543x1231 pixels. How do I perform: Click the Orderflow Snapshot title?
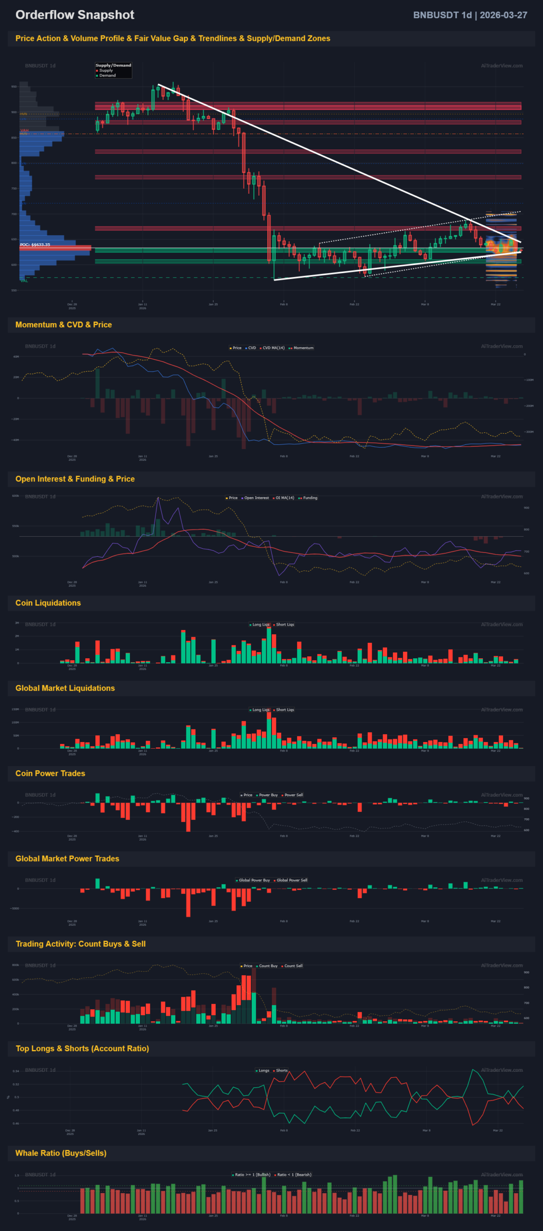pyautogui.click(x=75, y=15)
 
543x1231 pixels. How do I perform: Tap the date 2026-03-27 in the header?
pyautogui.click(x=503, y=15)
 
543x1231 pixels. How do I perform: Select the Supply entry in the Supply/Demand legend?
pyautogui.click(x=106, y=70)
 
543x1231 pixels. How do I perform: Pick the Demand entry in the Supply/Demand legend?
pyautogui.click(x=107, y=75)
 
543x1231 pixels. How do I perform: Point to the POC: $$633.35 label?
pyautogui.click(x=35, y=245)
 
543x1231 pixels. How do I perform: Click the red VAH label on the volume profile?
pyautogui.click(x=25, y=130)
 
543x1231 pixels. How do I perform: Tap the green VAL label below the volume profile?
pyautogui.click(x=25, y=281)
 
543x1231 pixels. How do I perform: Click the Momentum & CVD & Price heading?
pyautogui.click(x=64, y=325)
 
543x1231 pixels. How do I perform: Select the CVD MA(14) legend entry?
pyautogui.click(x=273, y=348)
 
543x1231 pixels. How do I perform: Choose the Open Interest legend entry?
pyautogui.click(x=256, y=498)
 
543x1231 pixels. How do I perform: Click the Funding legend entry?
pyautogui.click(x=310, y=498)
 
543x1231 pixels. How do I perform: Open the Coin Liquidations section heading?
pyautogui.click(x=48, y=603)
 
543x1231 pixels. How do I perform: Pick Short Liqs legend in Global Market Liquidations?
pyautogui.click(x=284, y=710)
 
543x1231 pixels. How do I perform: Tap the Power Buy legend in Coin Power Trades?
pyautogui.click(x=268, y=795)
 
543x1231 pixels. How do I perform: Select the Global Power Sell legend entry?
pyautogui.click(x=292, y=880)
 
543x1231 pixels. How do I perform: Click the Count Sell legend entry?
pyautogui.click(x=293, y=966)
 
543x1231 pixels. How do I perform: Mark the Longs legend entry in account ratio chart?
pyautogui.click(x=264, y=1070)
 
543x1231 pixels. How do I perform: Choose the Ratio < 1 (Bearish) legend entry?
pyautogui.click(x=294, y=1175)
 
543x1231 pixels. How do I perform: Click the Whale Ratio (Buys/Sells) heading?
pyautogui.click(x=61, y=1153)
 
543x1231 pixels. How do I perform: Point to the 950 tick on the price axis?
pyautogui.click(x=14, y=87)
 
